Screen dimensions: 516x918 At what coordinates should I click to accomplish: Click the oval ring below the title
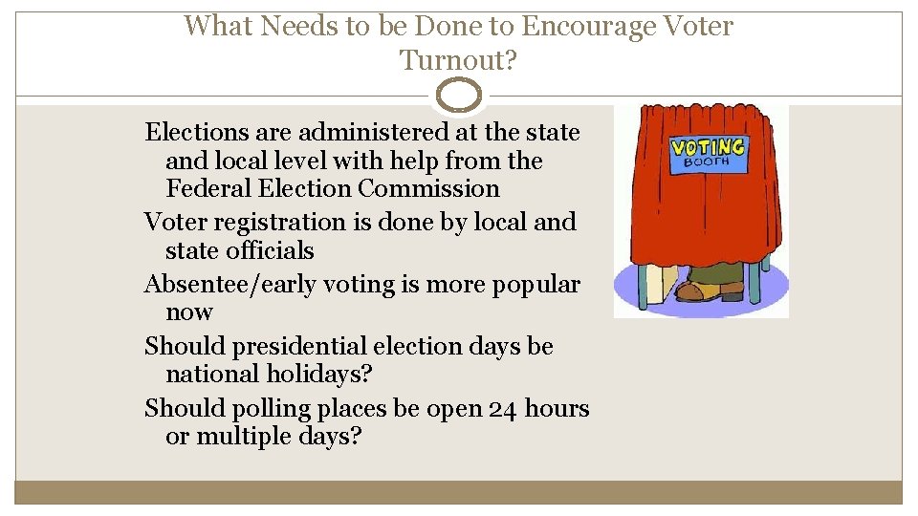point(459,96)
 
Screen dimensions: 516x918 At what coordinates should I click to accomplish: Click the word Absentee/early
point(240,285)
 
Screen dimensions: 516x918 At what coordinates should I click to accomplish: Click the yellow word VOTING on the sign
point(708,147)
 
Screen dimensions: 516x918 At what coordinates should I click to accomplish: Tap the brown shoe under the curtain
point(703,290)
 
